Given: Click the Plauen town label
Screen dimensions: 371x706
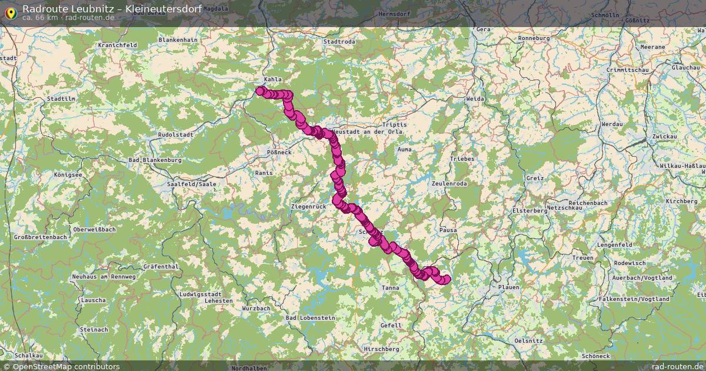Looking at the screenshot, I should (x=509, y=287).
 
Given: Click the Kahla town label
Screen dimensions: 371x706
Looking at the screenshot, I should (x=273, y=79).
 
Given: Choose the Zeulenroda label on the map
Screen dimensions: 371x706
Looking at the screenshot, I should (x=449, y=184).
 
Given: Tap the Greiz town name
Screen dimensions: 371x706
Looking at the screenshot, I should (x=535, y=178).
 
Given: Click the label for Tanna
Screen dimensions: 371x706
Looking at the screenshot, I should (x=390, y=288).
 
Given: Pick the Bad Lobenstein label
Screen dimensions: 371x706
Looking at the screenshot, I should (x=310, y=317).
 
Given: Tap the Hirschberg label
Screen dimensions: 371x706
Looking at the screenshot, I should (x=382, y=349).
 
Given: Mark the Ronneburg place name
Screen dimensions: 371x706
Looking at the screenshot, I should (x=534, y=38).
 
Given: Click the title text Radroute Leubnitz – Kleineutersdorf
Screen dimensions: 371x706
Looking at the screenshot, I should (x=112, y=9).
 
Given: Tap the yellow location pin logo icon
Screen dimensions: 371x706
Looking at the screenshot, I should (x=10, y=11).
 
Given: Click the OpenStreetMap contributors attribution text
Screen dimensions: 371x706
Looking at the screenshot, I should (x=62, y=366).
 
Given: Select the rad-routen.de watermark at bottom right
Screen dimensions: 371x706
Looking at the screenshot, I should (x=677, y=366).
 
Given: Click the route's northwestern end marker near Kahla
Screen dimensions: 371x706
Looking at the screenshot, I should (x=259, y=91).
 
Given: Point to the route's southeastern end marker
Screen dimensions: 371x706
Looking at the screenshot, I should (x=447, y=279).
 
